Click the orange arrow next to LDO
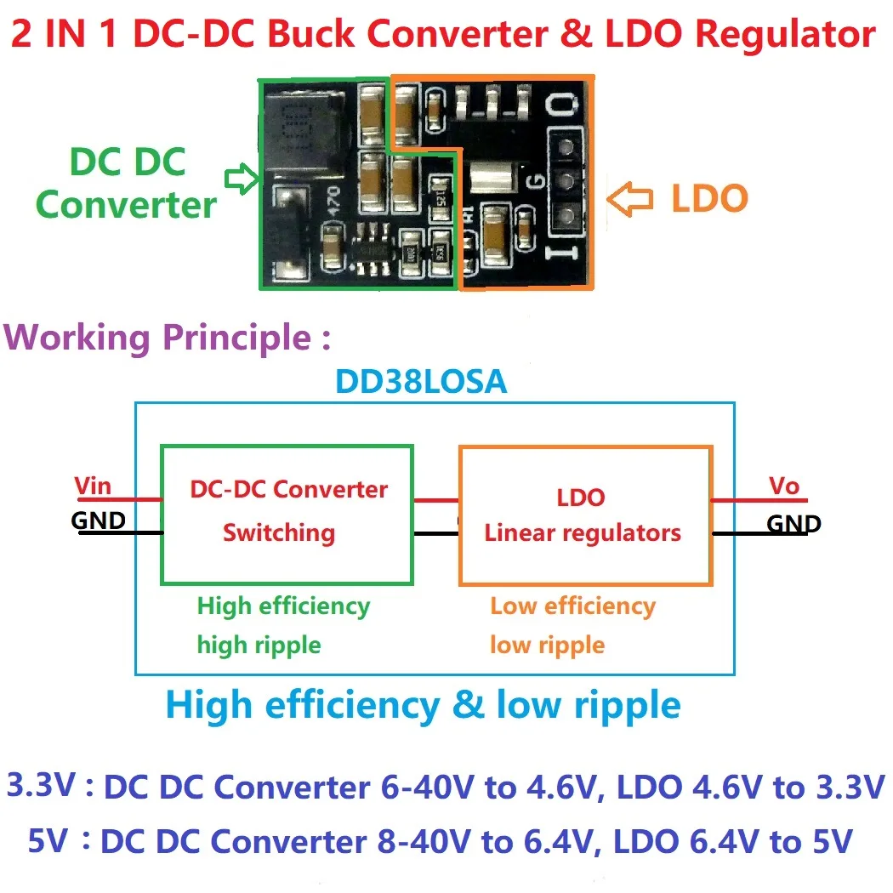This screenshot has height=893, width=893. [630, 199]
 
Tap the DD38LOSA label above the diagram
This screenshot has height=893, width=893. [422, 382]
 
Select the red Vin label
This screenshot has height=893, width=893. [93, 486]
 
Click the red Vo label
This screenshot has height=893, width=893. [784, 486]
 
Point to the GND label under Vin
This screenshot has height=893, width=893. [99, 520]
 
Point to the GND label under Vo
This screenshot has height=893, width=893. [793, 524]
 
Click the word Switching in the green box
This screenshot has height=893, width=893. [279, 533]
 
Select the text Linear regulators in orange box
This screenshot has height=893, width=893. [583, 533]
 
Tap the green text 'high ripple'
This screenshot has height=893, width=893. [259, 645]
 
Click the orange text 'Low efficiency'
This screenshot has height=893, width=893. [572, 606]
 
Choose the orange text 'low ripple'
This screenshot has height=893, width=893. [547, 645]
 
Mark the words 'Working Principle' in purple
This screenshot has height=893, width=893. [159, 338]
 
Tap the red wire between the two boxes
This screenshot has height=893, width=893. [435, 500]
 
